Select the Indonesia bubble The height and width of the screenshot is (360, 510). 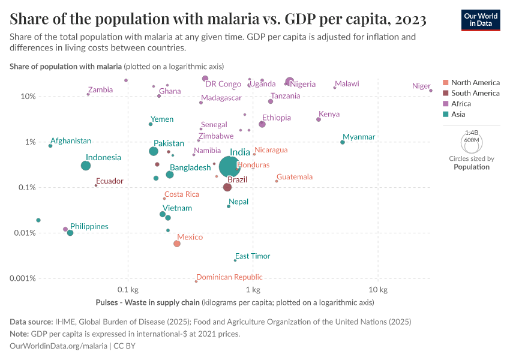point(86,166)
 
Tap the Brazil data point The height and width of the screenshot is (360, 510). point(227,187)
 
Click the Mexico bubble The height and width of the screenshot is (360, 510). point(177,244)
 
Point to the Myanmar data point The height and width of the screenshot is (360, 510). point(343,142)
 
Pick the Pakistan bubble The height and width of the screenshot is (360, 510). point(154,151)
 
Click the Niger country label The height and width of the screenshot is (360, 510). point(421,86)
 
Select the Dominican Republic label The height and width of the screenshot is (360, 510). point(229,277)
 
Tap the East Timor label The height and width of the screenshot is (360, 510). point(253,256)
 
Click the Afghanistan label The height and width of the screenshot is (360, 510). point(71,141)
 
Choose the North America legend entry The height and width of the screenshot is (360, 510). point(475,83)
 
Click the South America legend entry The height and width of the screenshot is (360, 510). point(475,93)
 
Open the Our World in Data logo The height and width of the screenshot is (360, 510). point(481,20)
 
